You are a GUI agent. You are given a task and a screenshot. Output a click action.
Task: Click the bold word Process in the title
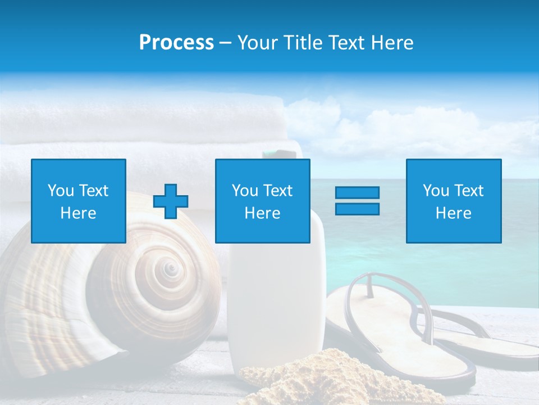click(176, 43)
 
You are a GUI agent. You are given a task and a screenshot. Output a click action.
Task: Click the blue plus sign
click(171, 201)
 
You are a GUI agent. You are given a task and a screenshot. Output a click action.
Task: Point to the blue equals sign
click(357, 201)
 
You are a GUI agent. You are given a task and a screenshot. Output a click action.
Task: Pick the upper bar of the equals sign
click(357, 193)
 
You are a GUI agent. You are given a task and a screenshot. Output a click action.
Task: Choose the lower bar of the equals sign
click(357, 209)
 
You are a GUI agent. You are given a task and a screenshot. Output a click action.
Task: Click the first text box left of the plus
click(79, 201)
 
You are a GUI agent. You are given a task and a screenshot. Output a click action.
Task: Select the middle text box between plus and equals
click(262, 201)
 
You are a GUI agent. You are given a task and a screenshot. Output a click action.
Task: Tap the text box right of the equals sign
click(453, 201)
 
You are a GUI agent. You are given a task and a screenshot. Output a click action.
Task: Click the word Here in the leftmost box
click(79, 213)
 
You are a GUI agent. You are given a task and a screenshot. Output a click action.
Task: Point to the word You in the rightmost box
click(436, 191)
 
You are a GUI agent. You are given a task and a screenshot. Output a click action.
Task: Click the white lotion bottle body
click(275, 304)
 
